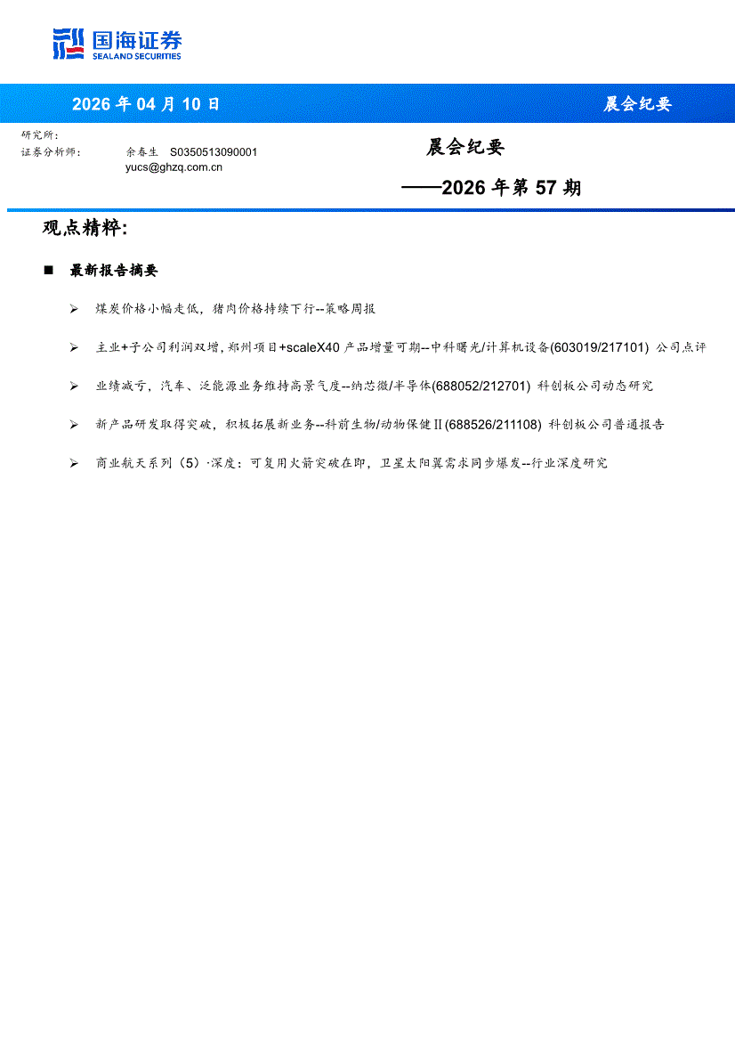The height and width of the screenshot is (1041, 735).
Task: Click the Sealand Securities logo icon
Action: click(x=69, y=44)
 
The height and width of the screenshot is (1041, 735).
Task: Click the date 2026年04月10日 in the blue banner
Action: click(x=146, y=104)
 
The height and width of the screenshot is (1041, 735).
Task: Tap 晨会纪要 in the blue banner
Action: click(x=637, y=104)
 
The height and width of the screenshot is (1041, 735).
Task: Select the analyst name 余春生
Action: click(x=141, y=152)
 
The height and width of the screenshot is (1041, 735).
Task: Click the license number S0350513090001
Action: click(x=214, y=152)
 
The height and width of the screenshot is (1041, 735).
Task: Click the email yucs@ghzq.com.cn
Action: click(x=174, y=167)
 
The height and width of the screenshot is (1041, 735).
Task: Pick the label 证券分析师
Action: click(x=50, y=152)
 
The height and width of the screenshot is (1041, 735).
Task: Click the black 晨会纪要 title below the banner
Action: click(x=464, y=148)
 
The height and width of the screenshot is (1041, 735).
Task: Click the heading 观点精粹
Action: click(x=85, y=228)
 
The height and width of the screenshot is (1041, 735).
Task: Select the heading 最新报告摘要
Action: click(x=114, y=271)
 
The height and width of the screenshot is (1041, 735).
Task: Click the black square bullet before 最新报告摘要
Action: click(x=49, y=271)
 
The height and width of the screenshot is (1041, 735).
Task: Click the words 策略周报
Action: click(x=351, y=309)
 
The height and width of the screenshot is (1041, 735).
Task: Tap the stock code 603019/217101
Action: click(x=600, y=347)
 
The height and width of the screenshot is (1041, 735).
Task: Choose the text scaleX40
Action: click(x=310, y=347)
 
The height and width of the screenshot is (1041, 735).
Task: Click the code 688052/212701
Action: click(x=481, y=386)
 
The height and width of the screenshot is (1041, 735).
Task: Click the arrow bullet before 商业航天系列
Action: click(x=74, y=463)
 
